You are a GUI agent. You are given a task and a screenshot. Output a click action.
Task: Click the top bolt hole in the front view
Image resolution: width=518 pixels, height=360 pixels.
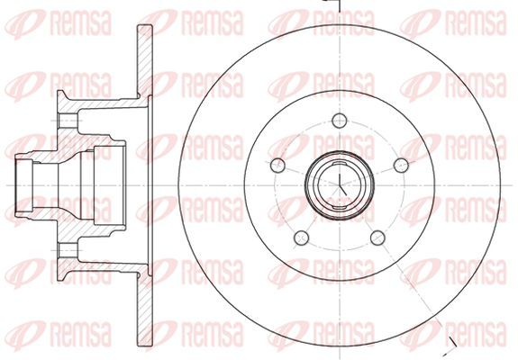tap(340, 121)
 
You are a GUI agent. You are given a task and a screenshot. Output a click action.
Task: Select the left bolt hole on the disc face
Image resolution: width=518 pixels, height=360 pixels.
tap(277, 166)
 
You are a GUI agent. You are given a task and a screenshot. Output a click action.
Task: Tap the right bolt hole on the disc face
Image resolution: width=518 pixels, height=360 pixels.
tap(402, 166)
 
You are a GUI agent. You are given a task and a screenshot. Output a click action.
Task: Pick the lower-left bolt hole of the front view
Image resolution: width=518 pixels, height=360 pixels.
tap(301, 238)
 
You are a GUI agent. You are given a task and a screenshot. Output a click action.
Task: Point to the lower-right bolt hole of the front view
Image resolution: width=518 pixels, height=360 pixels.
tap(378, 238)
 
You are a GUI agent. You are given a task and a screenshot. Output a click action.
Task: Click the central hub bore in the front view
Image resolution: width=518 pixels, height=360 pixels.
tap(340, 185)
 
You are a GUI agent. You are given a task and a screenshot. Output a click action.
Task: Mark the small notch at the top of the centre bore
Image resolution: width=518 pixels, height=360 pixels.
tap(340, 164)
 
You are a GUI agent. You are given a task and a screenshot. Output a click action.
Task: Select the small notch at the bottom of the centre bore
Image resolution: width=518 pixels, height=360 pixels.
tap(340, 207)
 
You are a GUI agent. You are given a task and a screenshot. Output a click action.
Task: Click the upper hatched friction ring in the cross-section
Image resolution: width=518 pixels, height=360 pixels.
tap(145, 61)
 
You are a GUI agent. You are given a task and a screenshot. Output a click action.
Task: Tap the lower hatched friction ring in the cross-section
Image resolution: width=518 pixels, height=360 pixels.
tap(145, 310)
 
